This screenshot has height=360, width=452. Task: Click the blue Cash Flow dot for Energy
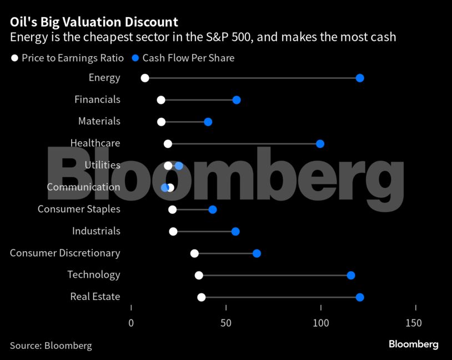pyautogui.click(x=360, y=78)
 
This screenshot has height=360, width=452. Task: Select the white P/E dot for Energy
pyautogui.click(x=145, y=78)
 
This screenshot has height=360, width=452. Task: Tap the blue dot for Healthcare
pyautogui.click(x=320, y=144)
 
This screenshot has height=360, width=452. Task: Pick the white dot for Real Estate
pyautogui.click(x=202, y=297)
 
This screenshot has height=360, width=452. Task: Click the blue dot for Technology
pyautogui.click(x=351, y=276)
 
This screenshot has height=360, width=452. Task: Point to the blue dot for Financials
pyautogui.click(x=237, y=100)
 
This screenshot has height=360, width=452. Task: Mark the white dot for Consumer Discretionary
pyautogui.click(x=194, y=253)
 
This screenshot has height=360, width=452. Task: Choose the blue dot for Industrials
pyautogui.click(x=235, y=231)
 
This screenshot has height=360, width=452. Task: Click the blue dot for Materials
pyautogui.click(x=208, y=122)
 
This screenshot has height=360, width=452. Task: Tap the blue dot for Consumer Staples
pyautogui.click(x=213, y=209)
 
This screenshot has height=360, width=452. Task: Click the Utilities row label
pyautogui.click(x=102, y=165)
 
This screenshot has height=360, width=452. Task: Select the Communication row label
pyautogui.click(x=83, y=187)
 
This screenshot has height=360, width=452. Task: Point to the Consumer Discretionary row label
pyautogui.click(x=65, y=253)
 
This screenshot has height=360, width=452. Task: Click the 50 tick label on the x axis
pyautogui.click(x=226, y=323)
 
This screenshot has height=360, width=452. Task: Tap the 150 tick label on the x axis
pyautogui.click(x=414, y=323)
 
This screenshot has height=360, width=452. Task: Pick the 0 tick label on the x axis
pyautogui.click(x=131, y=323)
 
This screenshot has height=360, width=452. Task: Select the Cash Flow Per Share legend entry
pyautogui.click(x=183, y=58)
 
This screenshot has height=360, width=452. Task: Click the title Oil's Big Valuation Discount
pyautogui.click(x=94, y=22)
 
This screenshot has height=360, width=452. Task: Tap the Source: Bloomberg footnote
pyautogui.click(x=51, y=346)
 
